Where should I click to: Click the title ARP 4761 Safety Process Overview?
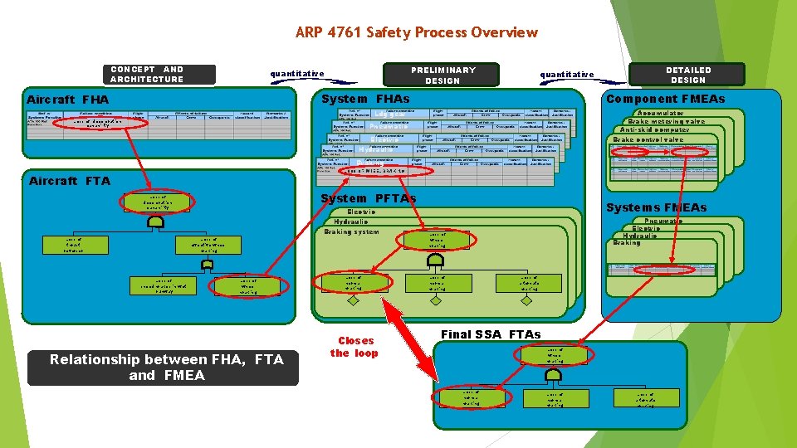pyautogui.click(x=416, y=32)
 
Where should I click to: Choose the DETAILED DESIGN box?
pyautogui.click(x=687, y=75)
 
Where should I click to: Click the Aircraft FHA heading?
pyautogui.click(x=68, y=100)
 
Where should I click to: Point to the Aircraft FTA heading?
pyautogui.click(x=70, y=180)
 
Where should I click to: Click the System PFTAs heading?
pyautogui.click(x=368, y=198)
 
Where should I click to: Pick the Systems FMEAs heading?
pyautogui.click(x=656, y=207)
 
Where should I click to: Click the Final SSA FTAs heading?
pyautogui.click(x=491, y=334)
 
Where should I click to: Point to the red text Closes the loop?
pyautogui.click(x=354, y=347)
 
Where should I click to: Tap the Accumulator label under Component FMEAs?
pyautogui.click(x=660, y=113)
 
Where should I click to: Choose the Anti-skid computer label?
pyautogui.click(x=655, y=130)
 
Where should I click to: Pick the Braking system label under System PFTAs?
pyautogui.click(x=351, y=231)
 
